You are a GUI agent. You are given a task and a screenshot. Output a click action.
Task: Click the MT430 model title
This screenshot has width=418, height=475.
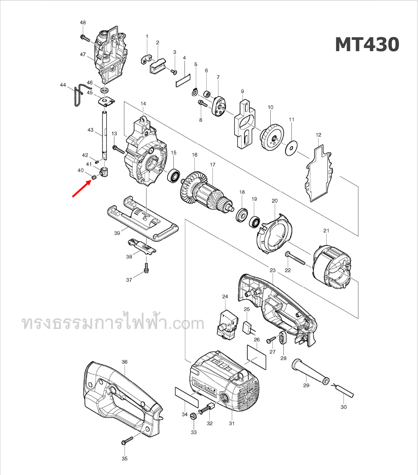pyautogui.click(x=367, y=45)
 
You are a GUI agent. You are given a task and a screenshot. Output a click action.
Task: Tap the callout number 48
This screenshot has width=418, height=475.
pyautogui.click(x=83, y=23)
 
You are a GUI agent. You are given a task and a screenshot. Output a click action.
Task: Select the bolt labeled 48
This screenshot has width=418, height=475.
pyautogui.click(x=85, y=39)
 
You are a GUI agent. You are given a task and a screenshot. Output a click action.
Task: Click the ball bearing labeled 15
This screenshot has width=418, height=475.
pyautogui.click(x=174, y=176)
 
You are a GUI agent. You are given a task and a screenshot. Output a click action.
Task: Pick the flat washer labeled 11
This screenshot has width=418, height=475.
pyautogui.click(x=291, y=148)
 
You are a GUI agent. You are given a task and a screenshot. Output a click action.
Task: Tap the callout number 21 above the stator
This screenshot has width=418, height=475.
pyautogui.click(x=326, y=231)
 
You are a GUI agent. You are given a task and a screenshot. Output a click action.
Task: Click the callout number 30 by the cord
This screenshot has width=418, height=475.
pyautogui.click(x=343, y=407)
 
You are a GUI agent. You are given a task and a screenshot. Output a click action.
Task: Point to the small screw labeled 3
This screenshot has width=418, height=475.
pyautogui.click(x=174, y=71)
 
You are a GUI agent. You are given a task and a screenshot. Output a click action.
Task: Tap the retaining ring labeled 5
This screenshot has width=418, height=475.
pyautogui.click(x=194, y=92)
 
